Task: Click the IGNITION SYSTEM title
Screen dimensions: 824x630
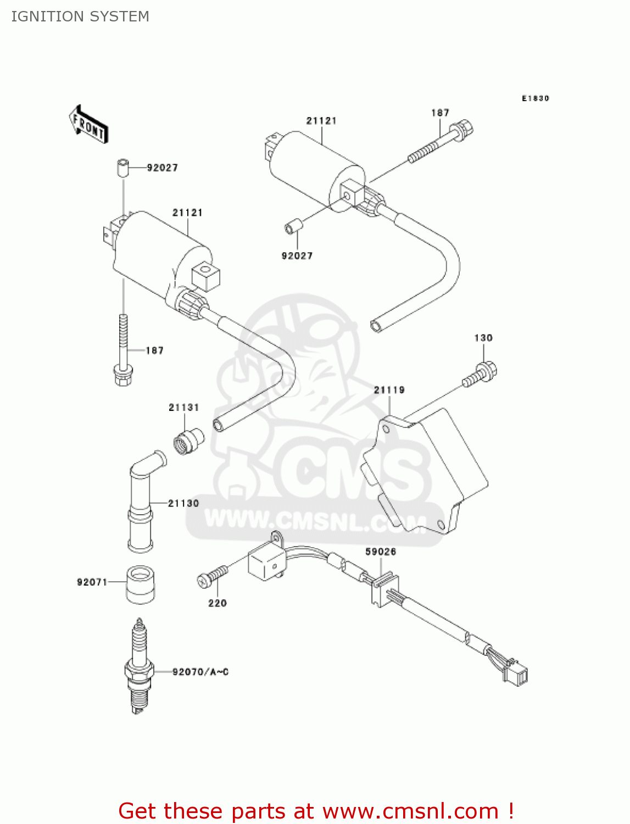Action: (x=80, y=16)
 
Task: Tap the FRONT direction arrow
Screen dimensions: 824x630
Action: (x=88, y=125)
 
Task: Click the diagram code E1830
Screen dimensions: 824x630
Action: (x=535, y=98)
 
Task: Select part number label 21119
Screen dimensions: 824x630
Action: (x=389, y=390)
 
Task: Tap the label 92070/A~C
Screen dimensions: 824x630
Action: (x=200, y=672)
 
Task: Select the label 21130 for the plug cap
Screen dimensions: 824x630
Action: (x=183, y=503)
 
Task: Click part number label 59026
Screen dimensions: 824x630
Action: (x=381, y=552)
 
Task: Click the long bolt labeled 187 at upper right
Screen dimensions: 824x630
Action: (x=439, y=142)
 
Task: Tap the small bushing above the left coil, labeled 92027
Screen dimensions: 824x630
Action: (x=122, y=167)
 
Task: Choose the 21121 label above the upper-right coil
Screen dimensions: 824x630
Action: (x=321, y=121)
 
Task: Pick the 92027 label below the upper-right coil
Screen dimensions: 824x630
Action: (x=297, y=256)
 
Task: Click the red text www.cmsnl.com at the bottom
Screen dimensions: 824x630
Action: (x=410, y=811)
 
